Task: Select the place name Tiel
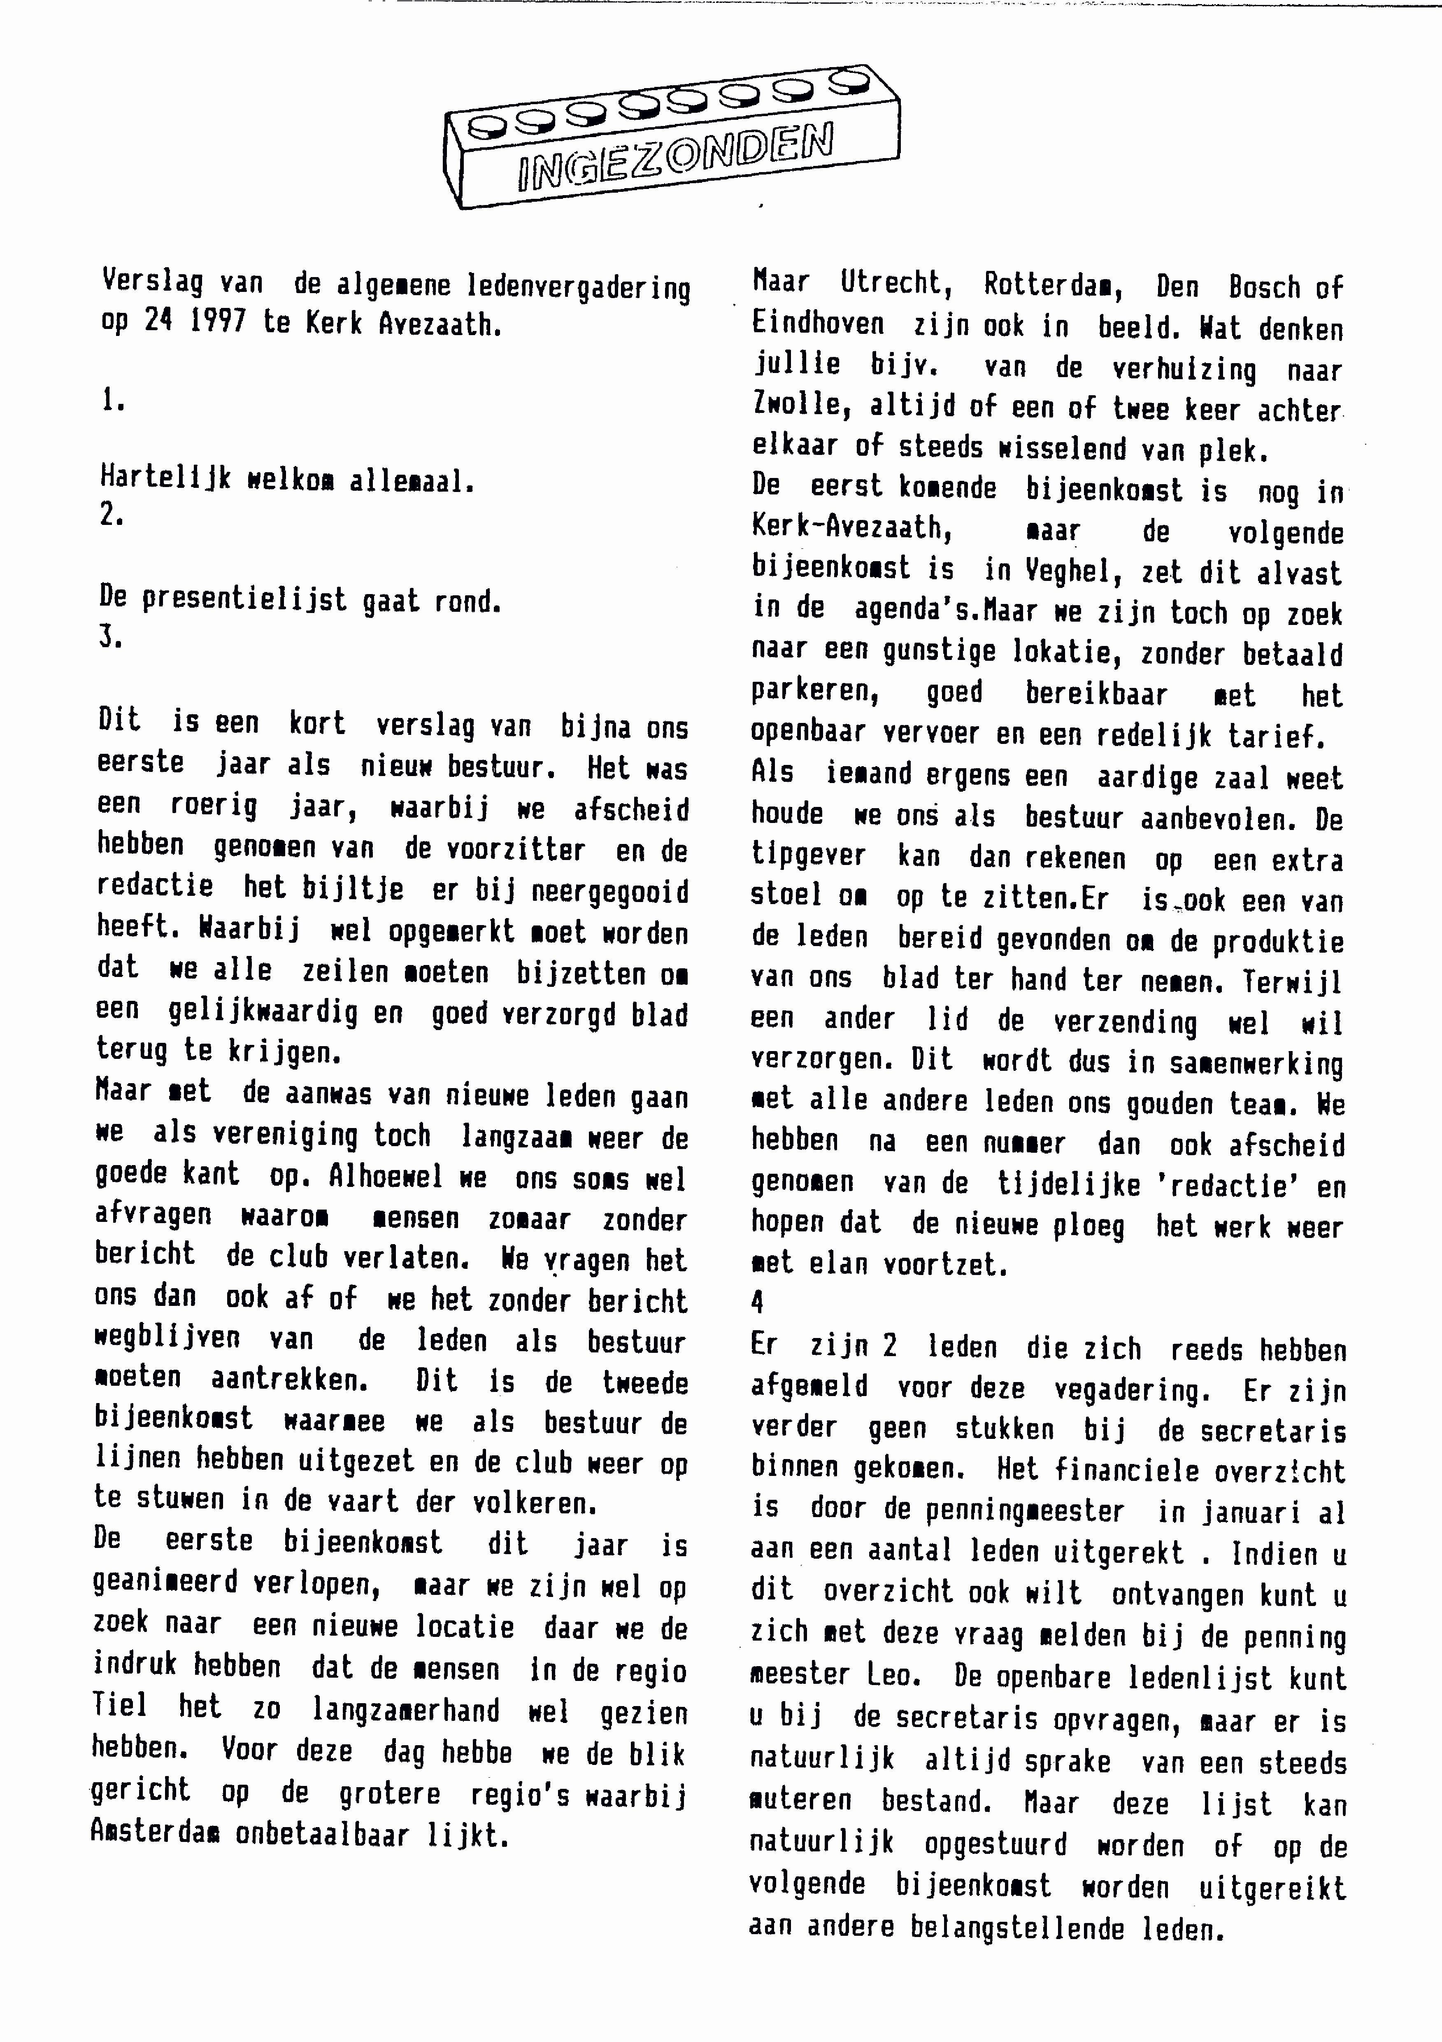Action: [x=120, y=1705]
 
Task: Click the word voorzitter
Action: [x=495, y=849]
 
